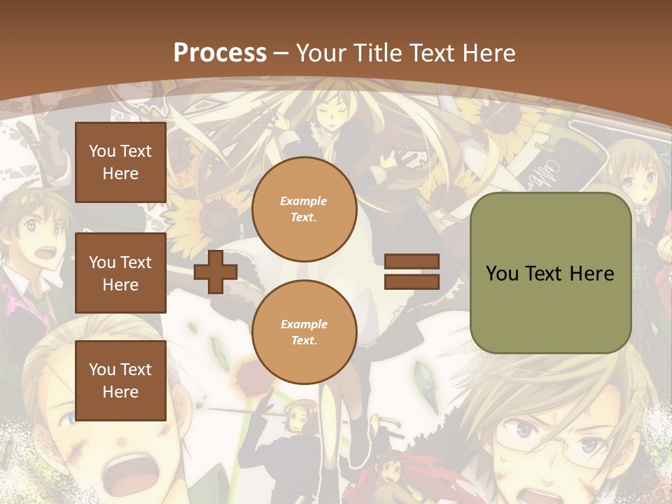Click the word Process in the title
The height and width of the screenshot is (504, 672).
click(x=220, y=53)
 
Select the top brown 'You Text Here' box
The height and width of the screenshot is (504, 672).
click(x=120, y=162)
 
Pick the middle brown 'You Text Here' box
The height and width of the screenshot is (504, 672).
click(x=120, y=273)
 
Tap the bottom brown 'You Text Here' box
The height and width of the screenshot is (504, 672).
click(x=120, y=380)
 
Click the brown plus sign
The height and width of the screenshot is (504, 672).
click(x=216, y=272)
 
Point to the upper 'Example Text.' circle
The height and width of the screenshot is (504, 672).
click(x=304, y=209)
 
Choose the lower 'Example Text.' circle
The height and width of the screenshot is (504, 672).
click(x=304, y=332)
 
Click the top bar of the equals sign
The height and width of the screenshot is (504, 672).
click(x=412, y=262)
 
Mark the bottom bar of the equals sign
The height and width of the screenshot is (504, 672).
click(x=412, y=281)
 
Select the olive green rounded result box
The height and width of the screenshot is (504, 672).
click(x=550, y=273)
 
